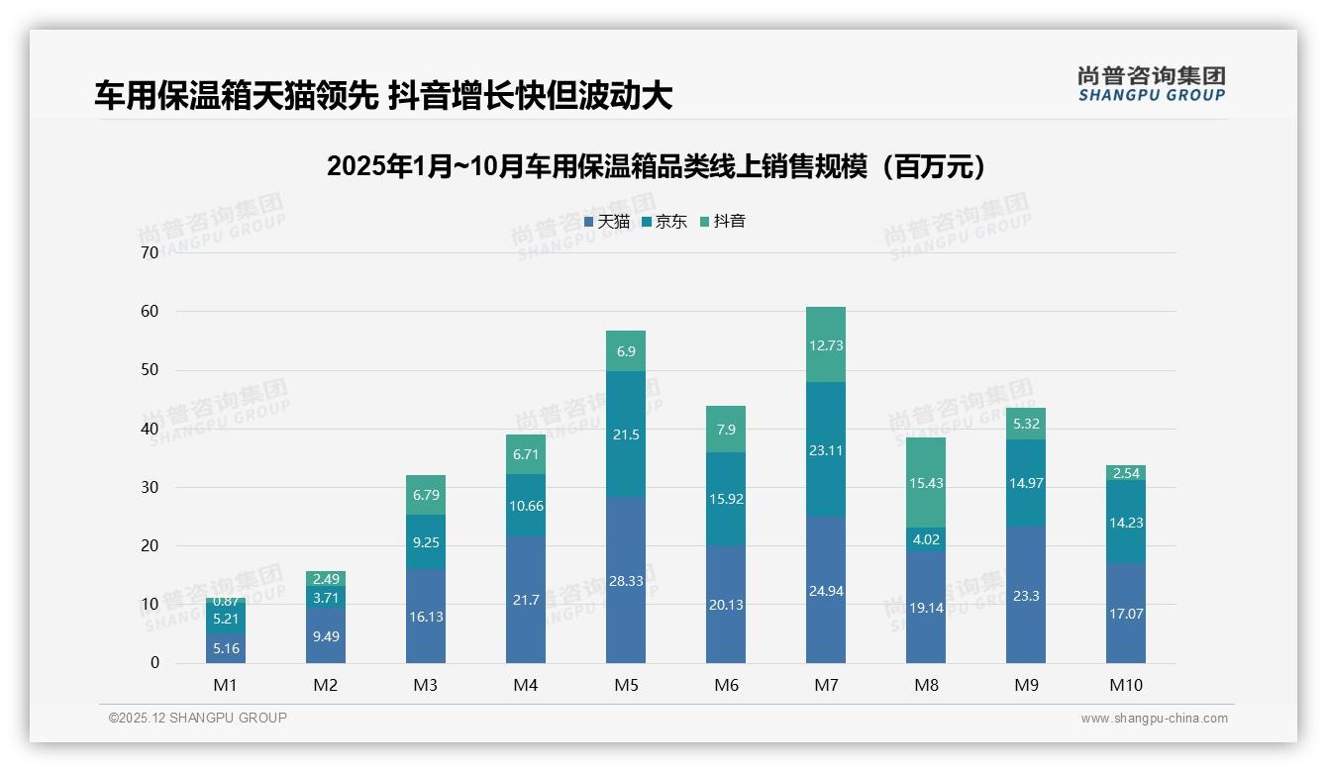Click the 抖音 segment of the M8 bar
tap(926, 482)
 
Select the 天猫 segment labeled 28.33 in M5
tap(626, 580)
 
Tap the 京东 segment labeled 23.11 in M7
tap(826, 448)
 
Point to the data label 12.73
tap(826, 345)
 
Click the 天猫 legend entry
tap(607, 222)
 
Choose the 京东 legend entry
tap(664, 222)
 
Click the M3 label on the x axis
tap(426, 685)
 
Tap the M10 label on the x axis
tap(1125, 685)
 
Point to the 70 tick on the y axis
tap(150, 252)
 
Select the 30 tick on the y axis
tap(150, 487)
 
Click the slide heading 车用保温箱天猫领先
tap(383, 96)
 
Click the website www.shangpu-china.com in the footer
tap(1154, 719)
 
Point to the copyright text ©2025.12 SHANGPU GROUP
tap(198, 718)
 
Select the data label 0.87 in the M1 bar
tap(226, 601)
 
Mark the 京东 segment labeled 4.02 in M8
tap(926, 539)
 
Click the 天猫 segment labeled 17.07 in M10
tap(1125, 613)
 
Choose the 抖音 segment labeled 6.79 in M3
tap(426, 495)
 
